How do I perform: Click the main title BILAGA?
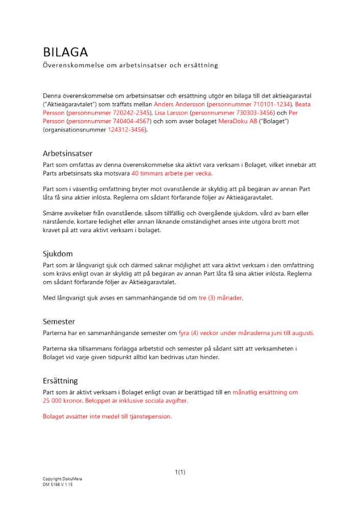(x=65, y=52)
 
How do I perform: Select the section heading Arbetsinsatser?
(x=67, y=153)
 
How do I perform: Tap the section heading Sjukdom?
(x=58, y=253)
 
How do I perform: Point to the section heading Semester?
(x=59, y=321)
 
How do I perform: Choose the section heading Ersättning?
(x=60, y=380)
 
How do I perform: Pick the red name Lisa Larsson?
(x=171, y=113)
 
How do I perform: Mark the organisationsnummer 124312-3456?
(x=126, y=130)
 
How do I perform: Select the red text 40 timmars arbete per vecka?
(x=172, y=173)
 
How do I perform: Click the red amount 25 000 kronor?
(x=62, y=401)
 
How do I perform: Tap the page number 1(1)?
(x=180, y=472)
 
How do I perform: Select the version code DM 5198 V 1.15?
(x=58, y=485)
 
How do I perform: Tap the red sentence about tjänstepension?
(x=107, y=416)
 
